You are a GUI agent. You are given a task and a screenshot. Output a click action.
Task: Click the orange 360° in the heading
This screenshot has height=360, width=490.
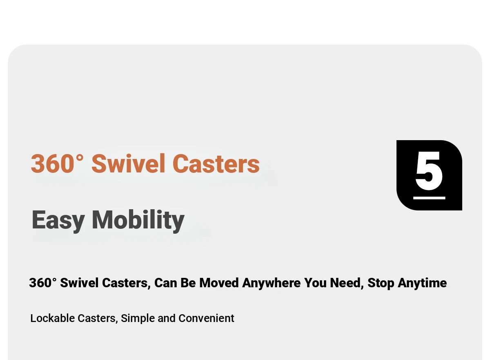click(x=57, y=163)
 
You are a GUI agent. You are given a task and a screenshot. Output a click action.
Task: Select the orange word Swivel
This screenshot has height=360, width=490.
click(x=128, y=163)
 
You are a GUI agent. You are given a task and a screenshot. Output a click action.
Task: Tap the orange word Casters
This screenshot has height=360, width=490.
click(x=216, y=164)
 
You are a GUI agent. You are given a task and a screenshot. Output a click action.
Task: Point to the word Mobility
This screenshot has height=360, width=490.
click(x=138, y=220)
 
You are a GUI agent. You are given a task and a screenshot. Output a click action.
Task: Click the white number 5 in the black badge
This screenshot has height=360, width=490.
click(x=429, y=171)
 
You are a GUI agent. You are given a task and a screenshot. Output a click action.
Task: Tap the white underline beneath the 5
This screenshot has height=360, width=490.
click(x=429, y=198)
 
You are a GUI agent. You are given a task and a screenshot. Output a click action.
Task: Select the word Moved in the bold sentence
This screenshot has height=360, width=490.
click(x=219, y=283)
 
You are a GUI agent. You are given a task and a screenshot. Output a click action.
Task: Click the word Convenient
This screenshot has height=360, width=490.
click(x=206, y=318)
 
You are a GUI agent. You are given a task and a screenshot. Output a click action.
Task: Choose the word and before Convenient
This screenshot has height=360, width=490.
click(x=167, y=318)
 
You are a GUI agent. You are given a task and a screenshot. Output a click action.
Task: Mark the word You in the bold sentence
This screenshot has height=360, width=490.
click(x=315, y=283)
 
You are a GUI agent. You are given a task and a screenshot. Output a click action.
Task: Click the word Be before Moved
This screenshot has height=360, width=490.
click(x=188, y=283)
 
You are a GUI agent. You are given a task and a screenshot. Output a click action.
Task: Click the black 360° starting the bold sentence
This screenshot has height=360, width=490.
click(x=42, y=283)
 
